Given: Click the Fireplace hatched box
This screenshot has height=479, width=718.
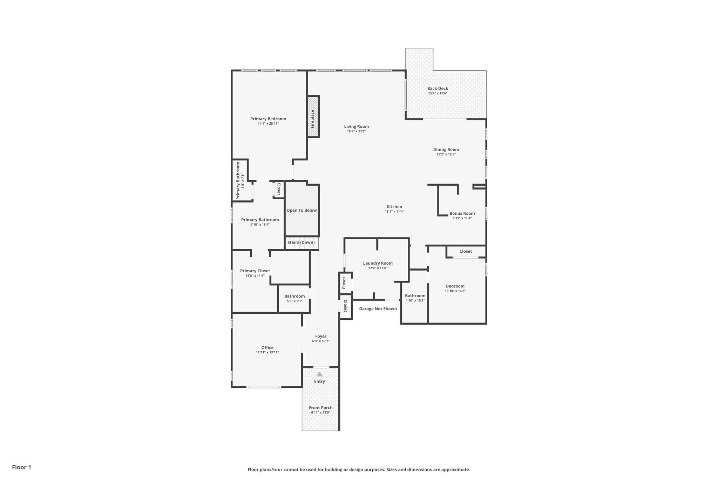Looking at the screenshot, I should (x=313, y=117).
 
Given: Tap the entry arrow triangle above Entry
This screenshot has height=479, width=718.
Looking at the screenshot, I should (x=319, y=374).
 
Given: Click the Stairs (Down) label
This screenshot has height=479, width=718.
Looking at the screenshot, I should (x=301, y=242).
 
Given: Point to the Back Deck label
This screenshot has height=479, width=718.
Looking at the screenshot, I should (x=438, y=88).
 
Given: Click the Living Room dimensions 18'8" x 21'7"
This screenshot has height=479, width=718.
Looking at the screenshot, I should (x=356, y=131).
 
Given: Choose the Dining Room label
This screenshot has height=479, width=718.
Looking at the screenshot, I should (x=446, y=149).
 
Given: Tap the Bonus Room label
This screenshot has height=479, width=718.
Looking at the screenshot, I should (x=462, y=213).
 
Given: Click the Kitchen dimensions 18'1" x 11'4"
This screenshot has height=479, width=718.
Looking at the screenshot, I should (x=394, y=212).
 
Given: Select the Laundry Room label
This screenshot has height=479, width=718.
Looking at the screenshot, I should (x=378, y=263).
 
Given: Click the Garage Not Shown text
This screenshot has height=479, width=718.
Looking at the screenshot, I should (x=378, y=309).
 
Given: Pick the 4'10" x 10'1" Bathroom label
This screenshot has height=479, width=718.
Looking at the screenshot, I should (x=415, y=296).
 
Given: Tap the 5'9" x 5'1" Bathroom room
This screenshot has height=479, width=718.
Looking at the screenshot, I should (x=294, y=298).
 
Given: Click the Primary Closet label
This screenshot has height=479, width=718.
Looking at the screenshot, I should (x=255, y=271).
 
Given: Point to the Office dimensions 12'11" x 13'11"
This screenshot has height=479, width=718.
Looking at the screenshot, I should (x=267, y=352).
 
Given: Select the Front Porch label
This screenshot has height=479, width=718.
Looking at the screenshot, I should (x=320, y=408).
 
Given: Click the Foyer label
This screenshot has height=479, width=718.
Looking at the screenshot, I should (x=320, y=336).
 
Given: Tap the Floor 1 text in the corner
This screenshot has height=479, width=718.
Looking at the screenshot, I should (x=21, y=467).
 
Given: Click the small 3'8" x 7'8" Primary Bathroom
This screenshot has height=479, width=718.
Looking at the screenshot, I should (x=240, y=180).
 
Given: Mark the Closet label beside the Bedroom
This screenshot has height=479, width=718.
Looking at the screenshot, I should (x=466, y=251).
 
